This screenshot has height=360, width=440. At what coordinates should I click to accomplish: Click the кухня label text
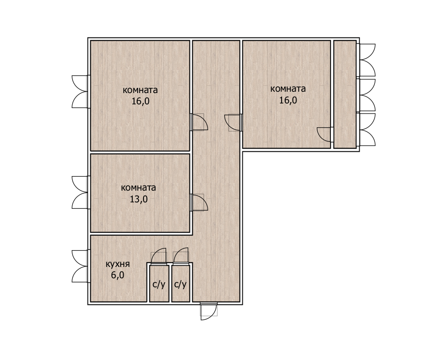[118, 264]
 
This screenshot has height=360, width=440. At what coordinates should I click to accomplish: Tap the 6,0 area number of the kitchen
[118, 275]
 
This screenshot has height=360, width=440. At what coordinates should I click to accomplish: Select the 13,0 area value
[139, 199]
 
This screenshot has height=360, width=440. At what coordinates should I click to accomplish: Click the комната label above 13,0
[139, 187]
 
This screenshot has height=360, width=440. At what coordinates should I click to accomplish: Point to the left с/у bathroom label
[159, 285]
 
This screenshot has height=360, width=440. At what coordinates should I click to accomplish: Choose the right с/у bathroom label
[181, 285]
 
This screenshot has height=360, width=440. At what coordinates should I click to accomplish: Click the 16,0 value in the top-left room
[141, 101]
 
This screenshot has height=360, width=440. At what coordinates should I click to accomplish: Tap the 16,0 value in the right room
[288, 100]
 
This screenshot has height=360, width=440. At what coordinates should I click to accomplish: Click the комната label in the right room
[288, 89]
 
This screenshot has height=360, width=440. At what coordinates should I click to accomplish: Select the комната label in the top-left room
[140, 90]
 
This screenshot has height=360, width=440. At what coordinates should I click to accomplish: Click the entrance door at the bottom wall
[208, 311]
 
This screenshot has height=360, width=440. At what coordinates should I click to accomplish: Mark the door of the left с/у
[159, 256]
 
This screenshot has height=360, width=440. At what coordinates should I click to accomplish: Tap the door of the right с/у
[181, 256]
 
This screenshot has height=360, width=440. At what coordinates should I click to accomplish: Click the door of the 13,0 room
[199, 202]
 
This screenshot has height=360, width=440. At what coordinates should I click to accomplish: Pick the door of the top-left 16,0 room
[199, 122]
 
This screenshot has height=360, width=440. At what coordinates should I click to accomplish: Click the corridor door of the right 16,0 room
[233, 122]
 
